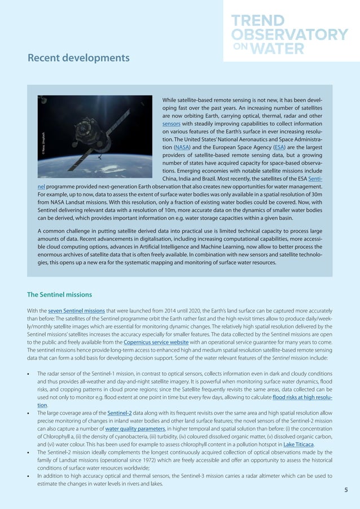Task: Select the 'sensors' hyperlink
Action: pos(171,124)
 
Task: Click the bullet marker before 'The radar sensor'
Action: pos(29,374)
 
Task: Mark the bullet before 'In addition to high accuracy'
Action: pos(29,477)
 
